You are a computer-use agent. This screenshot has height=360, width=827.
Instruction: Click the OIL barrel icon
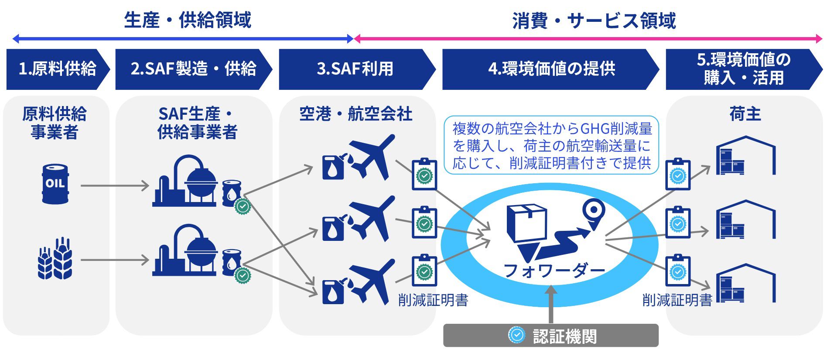(x=55, y=184)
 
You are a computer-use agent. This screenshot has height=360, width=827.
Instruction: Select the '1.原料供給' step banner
(x=57, y=69)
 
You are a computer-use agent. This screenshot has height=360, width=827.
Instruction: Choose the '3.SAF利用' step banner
(x=355, y=69)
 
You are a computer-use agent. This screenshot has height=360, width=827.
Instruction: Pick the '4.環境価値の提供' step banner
(x=551, y=69)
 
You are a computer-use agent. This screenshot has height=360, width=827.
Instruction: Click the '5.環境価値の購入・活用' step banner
(x=743, y=69)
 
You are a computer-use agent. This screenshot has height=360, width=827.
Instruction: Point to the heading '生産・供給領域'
(x=188, y=21)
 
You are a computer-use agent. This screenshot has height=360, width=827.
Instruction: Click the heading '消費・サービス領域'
(x=594, y=21)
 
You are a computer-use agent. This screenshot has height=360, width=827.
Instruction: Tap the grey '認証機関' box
(x=550, y=336)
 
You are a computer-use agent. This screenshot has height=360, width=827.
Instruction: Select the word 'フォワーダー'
(x=554, y=271)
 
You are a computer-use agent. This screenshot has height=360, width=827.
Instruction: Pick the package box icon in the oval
(x=526, y=223)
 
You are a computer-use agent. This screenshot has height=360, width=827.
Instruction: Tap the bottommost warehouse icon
(x=745, y=283)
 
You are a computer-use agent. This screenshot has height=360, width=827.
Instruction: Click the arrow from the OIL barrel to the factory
(x=115, y=186)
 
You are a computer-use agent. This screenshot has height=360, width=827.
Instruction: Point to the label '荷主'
(x=745, y=114)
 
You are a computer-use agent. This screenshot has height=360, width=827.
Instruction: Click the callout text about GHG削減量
(x=551, y=146)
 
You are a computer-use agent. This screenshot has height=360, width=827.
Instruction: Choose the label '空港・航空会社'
(x=355, y=114)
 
